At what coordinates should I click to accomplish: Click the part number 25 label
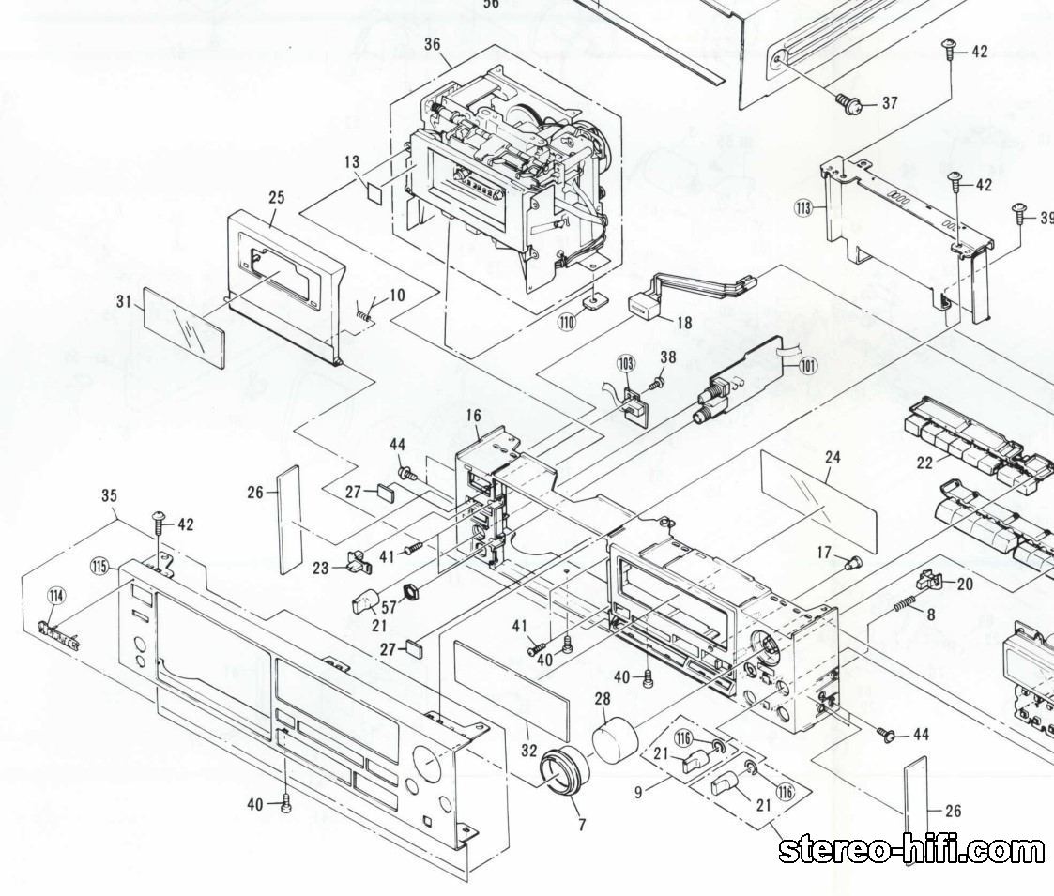[276, 198]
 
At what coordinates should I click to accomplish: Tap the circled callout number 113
[802, 208]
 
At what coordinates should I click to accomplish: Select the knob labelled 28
[616, 737]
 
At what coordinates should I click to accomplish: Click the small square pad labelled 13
[374, 191]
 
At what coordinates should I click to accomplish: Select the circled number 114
[57, 595]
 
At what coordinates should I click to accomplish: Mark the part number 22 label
[925, 463]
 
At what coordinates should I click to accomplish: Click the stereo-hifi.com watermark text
[911, 850]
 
